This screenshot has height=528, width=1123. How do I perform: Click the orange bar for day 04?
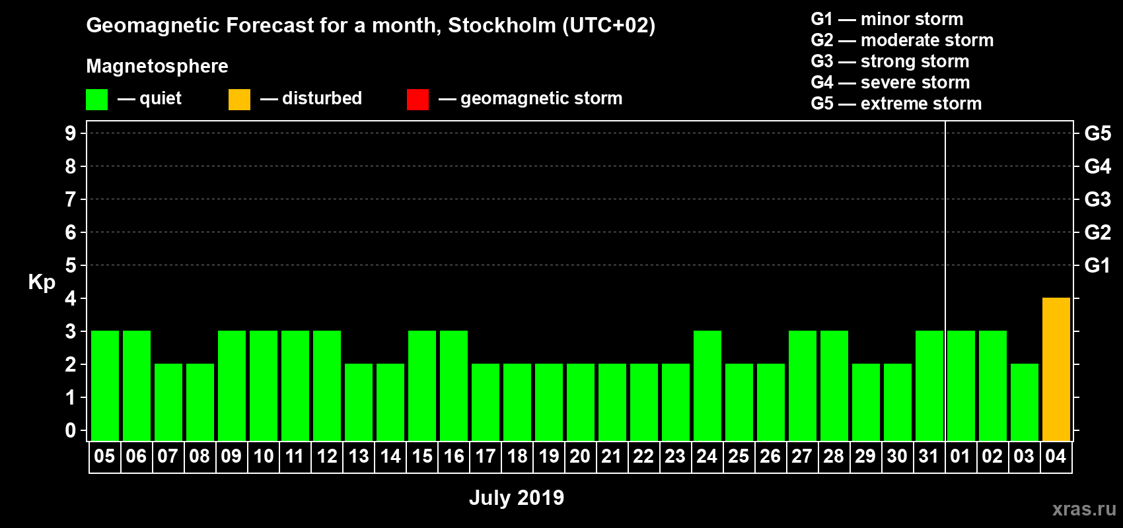pos(1056,369)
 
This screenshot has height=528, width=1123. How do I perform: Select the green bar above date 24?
pos(707,385)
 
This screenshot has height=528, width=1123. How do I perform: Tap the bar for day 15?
pos(421,385)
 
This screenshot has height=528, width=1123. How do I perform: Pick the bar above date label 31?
pos(929,385)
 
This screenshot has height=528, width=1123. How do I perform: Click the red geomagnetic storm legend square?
pos(417,100)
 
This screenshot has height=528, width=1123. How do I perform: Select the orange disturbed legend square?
pos(239,100)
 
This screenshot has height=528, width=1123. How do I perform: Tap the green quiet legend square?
pos(96,100)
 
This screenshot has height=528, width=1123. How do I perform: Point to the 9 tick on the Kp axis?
pos(71,133)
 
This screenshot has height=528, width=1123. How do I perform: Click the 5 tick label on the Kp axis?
pos(71,265)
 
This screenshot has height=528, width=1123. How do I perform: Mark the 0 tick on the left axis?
pos(71,430)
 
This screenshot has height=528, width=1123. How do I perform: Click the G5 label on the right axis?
pos(1097,133)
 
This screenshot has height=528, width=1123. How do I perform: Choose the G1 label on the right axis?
pos(1097,265)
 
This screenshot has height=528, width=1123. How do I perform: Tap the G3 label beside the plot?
pos(1097,199)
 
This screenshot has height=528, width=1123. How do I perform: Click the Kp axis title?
pos(42,282)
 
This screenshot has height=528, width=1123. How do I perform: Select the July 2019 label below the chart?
pos(517,498)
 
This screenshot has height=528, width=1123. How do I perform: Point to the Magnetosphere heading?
pos(157,66)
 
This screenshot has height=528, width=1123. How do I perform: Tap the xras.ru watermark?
pos(1084,509)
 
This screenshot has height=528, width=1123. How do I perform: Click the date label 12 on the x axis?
pos(327,456)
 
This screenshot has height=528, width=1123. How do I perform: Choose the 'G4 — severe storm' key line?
pos(890,82)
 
